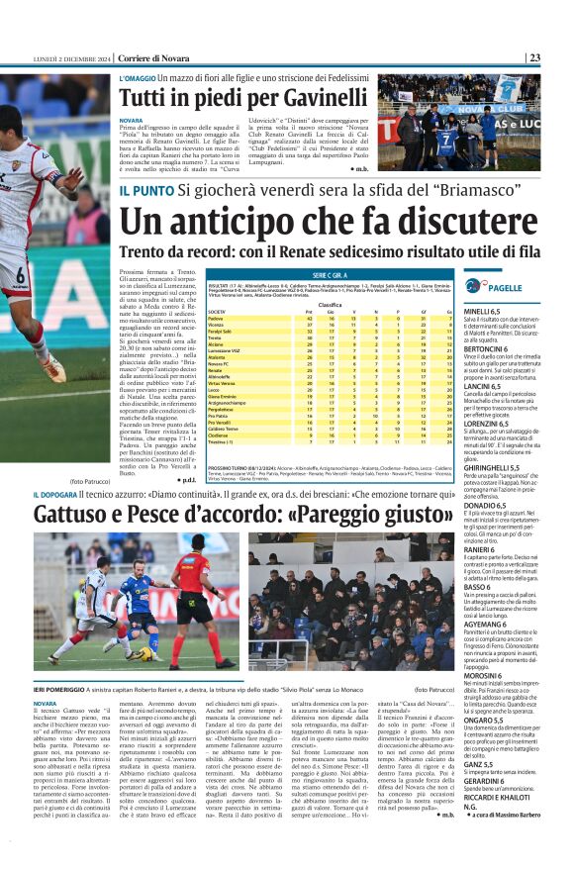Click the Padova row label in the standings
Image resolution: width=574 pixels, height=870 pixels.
pos(216,318)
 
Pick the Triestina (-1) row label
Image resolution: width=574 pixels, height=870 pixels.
pos(221,441)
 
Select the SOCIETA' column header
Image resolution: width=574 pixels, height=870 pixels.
pos(217,311)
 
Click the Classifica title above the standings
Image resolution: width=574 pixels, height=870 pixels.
pos(330,304)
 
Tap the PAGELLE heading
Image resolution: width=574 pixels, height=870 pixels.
pos(506,287)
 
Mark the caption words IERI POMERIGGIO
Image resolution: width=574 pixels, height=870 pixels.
pos(66,686)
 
